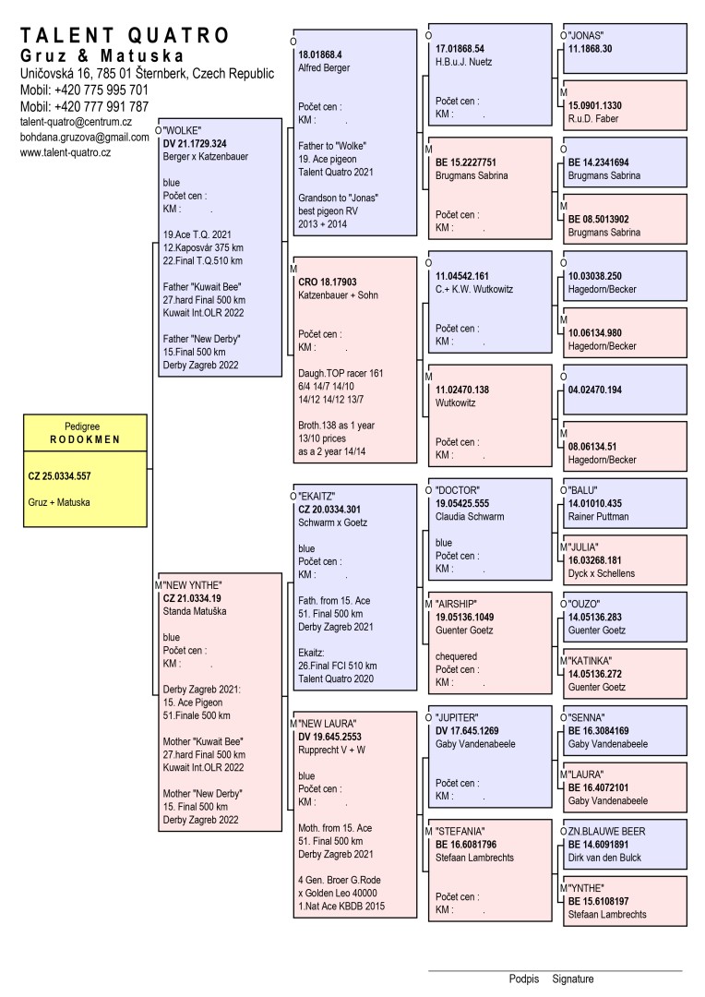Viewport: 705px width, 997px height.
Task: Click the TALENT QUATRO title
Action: click(125, 36)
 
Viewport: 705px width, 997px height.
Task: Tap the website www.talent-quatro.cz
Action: click(66, 152)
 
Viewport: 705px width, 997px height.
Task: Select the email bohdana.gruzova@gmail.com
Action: click(85, 137)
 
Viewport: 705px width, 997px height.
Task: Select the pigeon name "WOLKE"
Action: click(182, 130)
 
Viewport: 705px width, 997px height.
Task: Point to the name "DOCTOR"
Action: click(459, 489)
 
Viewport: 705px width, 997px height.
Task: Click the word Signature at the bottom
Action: click(573, 979)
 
